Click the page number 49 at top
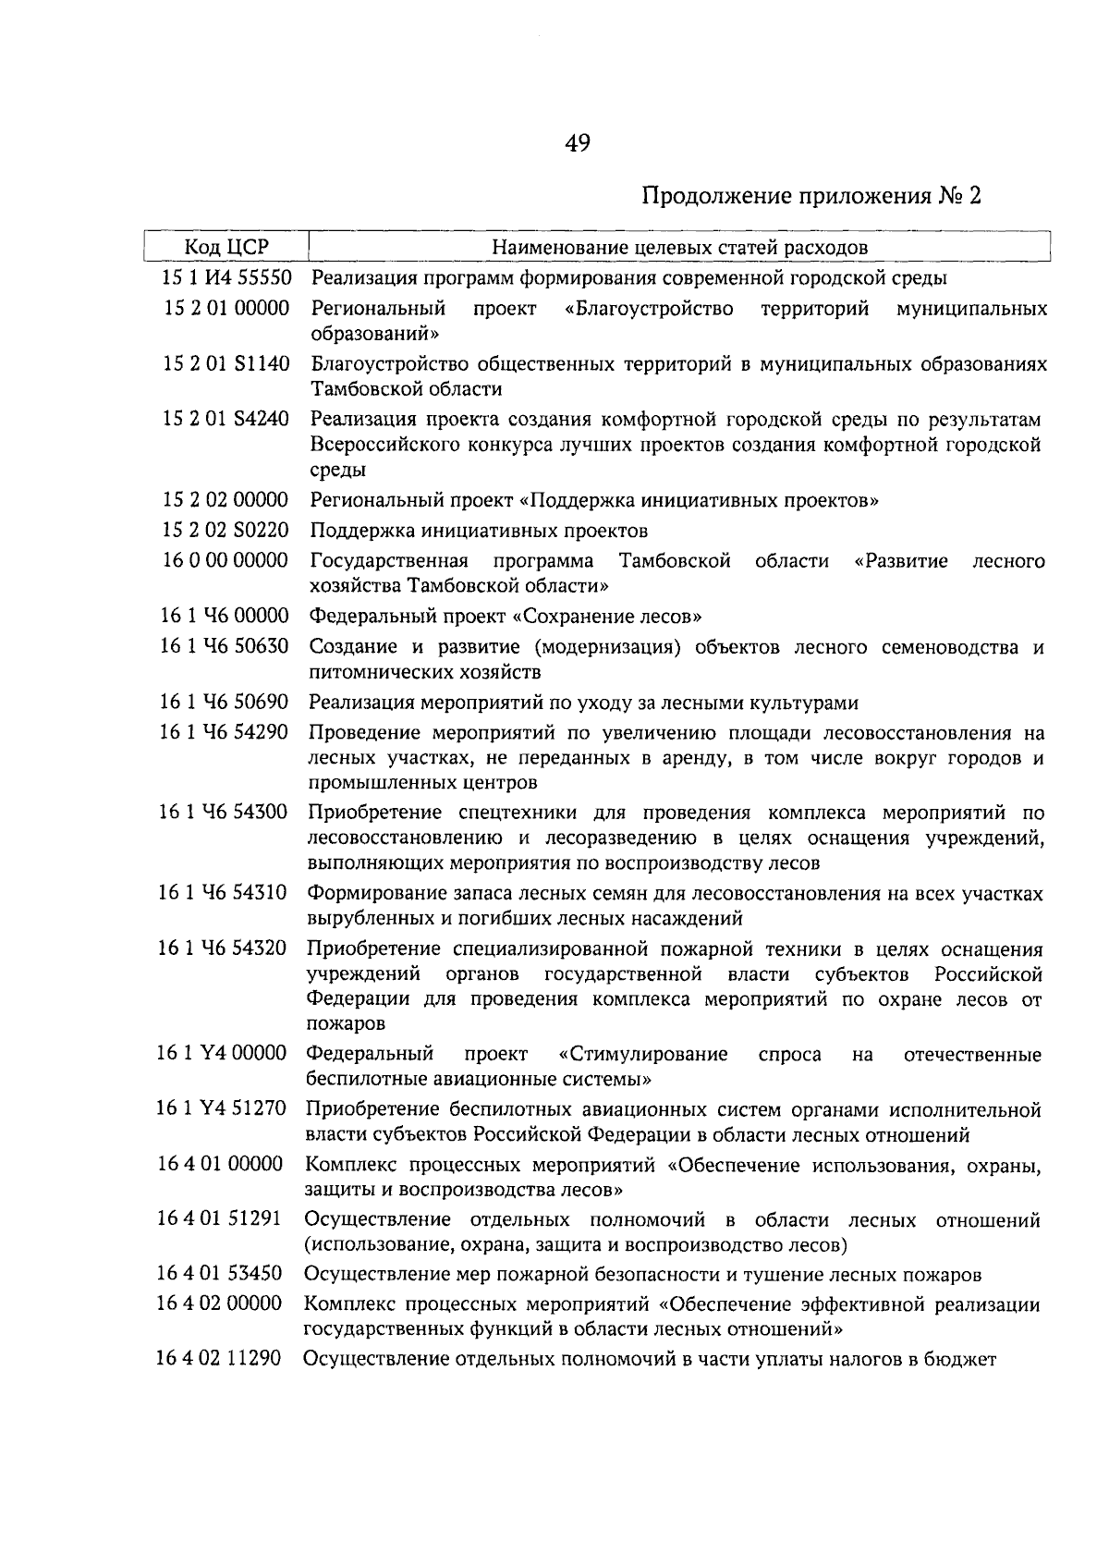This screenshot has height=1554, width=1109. click(x=576, y=143)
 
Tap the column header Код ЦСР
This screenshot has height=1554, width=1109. click(x=226, y=247)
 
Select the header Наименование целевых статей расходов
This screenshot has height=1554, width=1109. click(x=679, y=247)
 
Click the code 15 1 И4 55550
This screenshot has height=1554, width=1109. click(x=226, y=277)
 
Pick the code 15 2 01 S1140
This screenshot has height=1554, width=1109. click(x=226, y=364)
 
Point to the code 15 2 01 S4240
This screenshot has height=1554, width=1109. click(x=226, y=420)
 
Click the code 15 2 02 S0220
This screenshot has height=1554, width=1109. click(x=226, y=531)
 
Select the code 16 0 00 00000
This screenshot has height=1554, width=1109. click(x=226, y=561)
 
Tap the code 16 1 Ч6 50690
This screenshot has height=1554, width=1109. click(x=225, y=703)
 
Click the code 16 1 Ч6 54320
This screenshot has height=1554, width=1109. click(x=225, y=949)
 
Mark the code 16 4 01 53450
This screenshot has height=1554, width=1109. click(x=220, y=1275)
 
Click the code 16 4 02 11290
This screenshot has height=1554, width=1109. click(x=219, y=1360)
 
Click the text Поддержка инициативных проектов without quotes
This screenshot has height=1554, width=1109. click(x=479, y=531)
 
